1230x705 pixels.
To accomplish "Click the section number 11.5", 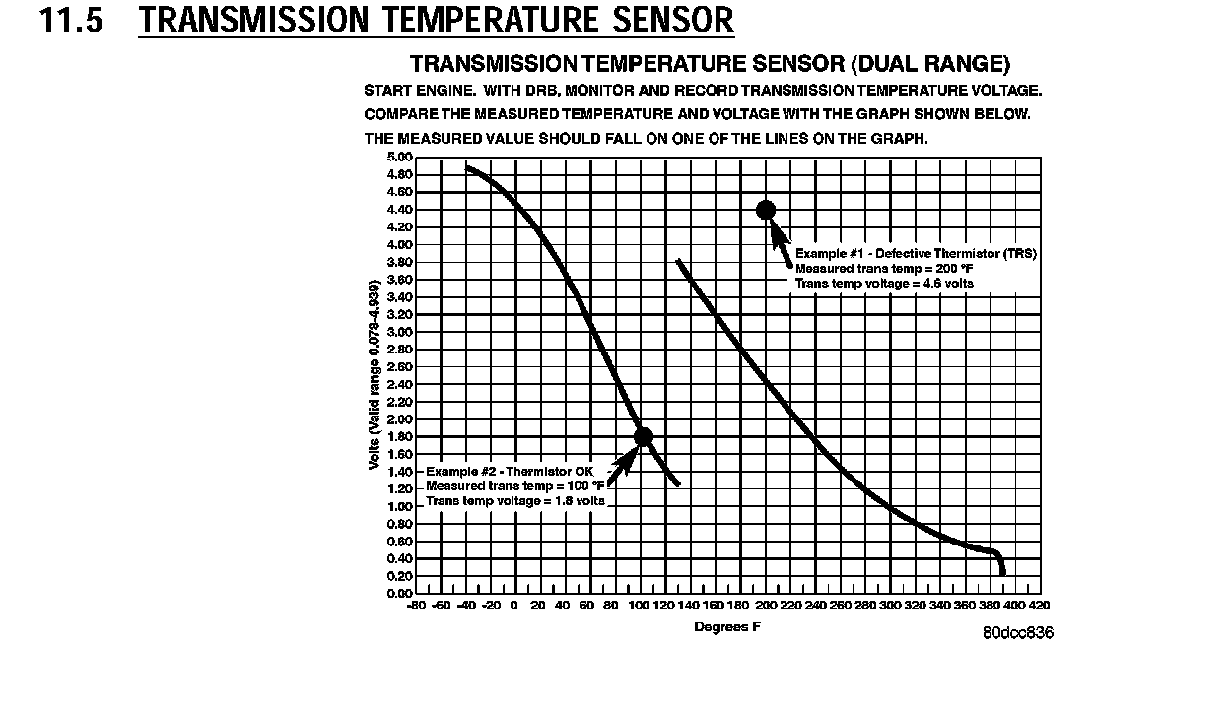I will tap(70, 20).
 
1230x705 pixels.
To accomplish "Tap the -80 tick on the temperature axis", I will tap(416, 606).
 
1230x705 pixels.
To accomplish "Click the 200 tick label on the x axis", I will tap(766, 606).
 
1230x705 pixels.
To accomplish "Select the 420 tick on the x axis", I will tap(1040, 606).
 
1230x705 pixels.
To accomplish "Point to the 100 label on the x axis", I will tap(640, 606).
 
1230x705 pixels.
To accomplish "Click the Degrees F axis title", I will tap(727, 627).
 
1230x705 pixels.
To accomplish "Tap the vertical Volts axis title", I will tap(375, 376).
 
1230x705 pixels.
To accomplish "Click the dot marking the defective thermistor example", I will tap(766, 210).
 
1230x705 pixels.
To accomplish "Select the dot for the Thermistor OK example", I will tap(644, 436).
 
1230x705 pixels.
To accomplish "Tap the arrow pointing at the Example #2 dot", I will tap(620, 467).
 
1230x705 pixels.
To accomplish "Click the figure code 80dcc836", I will tap(1017, 633).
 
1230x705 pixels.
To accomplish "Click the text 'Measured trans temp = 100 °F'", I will tap(514, 486).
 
